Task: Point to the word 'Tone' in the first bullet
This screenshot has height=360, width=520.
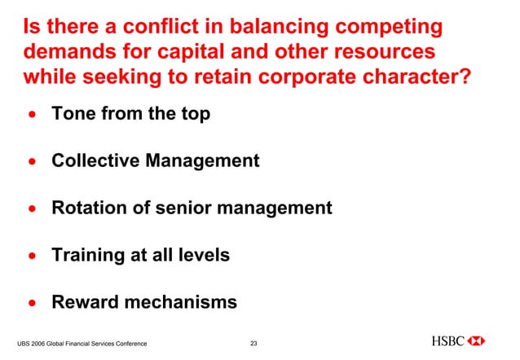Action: click(73, 114)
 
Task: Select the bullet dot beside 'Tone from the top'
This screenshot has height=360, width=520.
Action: click(32, 115)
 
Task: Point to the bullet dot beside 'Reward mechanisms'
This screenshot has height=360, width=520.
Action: click(32, 304)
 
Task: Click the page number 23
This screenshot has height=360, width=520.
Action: click(253, 343)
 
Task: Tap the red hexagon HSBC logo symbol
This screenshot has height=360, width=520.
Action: click(478, 340)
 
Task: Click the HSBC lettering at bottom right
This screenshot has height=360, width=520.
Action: click(448, 340)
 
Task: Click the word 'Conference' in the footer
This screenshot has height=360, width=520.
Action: click(127, 344)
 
